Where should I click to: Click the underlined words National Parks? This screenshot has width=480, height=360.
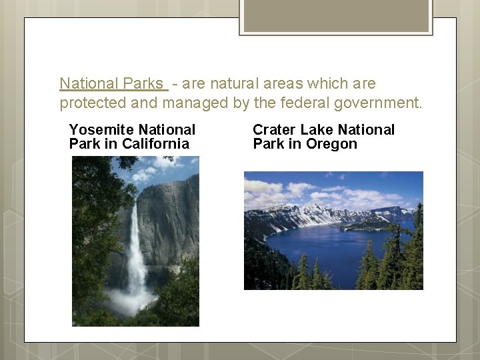(111, 84)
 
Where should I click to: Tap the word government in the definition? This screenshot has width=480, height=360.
(383, 103)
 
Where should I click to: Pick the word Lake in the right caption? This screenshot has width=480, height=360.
(315, 130)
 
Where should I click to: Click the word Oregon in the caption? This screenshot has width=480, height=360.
(331, 144)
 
